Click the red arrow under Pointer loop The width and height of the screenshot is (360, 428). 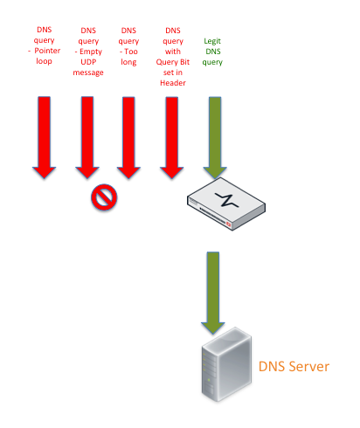pos(44,137)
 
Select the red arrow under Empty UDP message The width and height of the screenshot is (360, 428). pos(87,137)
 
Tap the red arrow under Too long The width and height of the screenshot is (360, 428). pos(128,137)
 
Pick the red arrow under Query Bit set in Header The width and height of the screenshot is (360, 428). pos(172,137)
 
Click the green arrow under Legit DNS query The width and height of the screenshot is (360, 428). pos(215,137)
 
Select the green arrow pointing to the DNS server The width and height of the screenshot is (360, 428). pos(213,293)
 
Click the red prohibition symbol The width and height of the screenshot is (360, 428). pos(104,197)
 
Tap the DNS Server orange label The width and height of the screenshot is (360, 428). pos(294,366)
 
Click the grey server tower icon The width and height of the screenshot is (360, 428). pos(226,364)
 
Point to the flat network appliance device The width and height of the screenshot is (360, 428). pos(226,204)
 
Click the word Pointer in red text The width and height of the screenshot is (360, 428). pos(47,51)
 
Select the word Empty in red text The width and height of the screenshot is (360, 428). pos(91,52)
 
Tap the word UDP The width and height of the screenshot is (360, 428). pos(88,62)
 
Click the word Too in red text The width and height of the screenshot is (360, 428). pos(131,52)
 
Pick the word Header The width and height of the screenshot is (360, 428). pos(173,83)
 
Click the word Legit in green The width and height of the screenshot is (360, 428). pos(212,41)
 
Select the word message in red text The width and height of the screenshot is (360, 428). pos(88,72)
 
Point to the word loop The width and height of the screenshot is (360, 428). pos(44,61)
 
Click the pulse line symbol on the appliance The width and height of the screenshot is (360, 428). pos(227,200)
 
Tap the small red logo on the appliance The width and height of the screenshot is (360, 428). pos(228,224)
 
